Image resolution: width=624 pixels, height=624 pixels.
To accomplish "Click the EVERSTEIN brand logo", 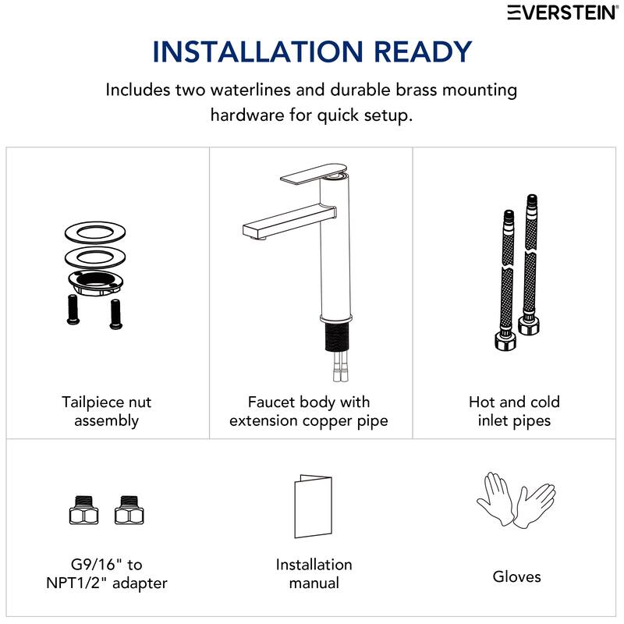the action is (562, 12).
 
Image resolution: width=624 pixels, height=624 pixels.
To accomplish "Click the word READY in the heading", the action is (423, 51).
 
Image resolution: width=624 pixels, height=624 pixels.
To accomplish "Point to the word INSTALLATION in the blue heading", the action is (257, 51).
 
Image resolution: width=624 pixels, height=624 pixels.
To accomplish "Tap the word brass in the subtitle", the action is (416, 90).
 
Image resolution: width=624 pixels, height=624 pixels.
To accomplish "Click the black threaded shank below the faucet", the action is (338, 337).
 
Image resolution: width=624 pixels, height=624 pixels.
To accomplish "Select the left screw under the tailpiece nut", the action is (73, 309).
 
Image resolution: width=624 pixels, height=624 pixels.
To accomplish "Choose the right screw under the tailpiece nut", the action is (115, 314).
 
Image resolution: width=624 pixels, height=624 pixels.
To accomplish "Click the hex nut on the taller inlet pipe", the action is (529, 324).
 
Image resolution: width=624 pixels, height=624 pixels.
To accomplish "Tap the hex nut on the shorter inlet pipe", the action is (505, 340).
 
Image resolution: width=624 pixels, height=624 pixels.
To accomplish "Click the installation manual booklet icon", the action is (314, 506).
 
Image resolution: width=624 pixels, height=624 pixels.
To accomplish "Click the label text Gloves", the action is (516, 576).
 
